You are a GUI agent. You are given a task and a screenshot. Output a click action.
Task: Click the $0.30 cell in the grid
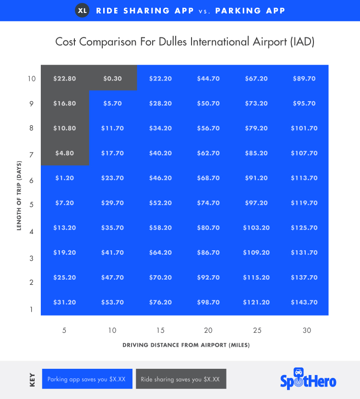[112, 78]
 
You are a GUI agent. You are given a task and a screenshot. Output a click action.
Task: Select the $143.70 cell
[304, 302]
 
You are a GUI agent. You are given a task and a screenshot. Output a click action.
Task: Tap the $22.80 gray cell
[64, 78]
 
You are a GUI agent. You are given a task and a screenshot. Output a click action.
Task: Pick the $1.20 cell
[64, 178]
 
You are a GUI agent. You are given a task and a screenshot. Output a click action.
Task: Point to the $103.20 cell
[256, 228]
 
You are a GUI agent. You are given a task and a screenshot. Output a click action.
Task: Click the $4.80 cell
[64, 153]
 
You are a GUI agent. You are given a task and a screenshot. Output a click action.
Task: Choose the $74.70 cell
[208, 203]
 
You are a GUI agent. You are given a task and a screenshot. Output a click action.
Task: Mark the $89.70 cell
[304, 78]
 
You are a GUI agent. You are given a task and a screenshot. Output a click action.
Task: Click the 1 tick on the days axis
[32, 309]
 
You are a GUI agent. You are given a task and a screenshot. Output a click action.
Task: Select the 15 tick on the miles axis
[160, 330]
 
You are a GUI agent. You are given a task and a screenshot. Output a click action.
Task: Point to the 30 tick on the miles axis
[307, 330]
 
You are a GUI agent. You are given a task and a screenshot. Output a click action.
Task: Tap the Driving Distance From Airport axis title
[186, 345]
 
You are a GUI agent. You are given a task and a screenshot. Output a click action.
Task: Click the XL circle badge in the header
[83, 11]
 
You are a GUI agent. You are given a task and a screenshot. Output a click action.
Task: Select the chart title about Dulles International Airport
[185, 42]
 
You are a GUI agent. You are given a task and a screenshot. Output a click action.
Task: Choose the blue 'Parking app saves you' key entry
[87, 379]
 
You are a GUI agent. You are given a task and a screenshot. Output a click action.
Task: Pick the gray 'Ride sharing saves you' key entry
[180, 379]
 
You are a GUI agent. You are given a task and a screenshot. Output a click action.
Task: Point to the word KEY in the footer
[32, 379]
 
